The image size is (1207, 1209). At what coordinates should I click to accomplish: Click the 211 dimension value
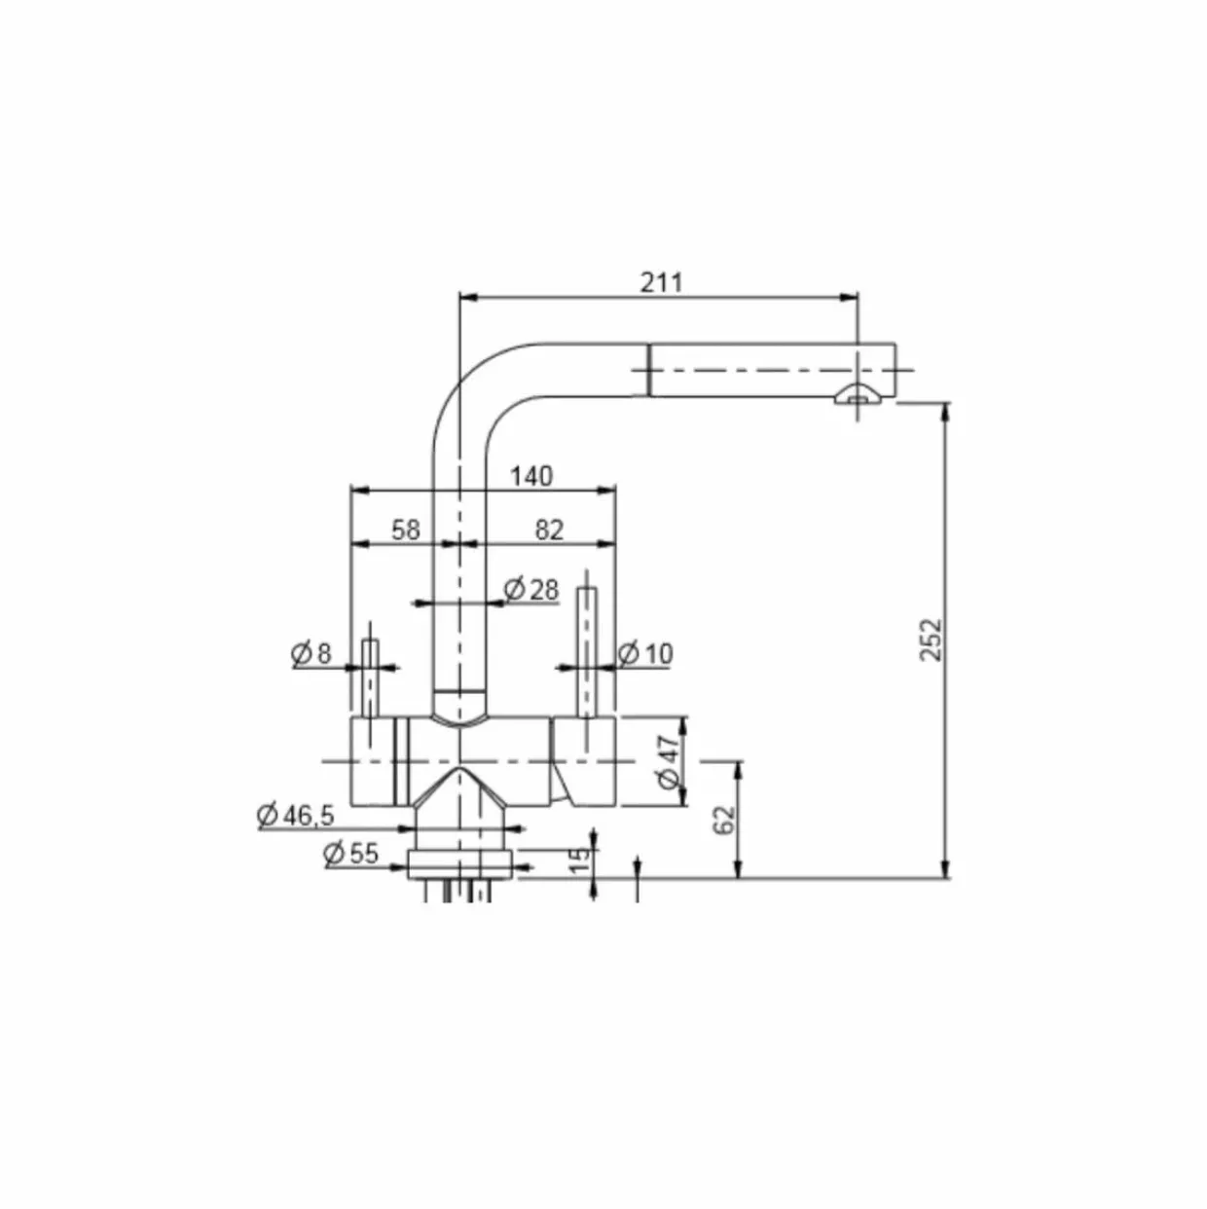click(x=660, y=282)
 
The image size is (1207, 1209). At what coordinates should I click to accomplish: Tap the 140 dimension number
click(x=531, y=476)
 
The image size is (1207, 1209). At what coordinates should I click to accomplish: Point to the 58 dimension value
click(x=406, y=531)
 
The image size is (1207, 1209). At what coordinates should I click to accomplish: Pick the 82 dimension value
click(x=549, y=531)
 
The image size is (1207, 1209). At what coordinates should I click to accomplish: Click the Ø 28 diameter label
click(x=531, y=589)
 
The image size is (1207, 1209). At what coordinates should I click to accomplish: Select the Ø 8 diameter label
click(x=311, y=654)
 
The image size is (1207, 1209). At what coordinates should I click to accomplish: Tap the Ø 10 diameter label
click(x=645, y=654)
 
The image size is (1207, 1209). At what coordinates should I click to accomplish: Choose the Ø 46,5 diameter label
click(x=296, y=816)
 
